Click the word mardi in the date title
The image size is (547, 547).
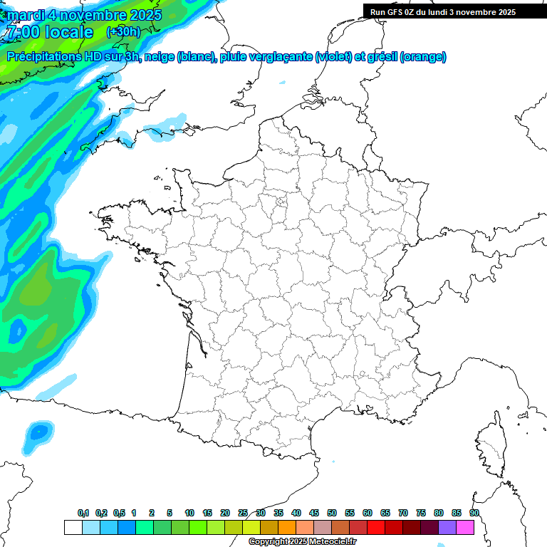[x=25, y=15]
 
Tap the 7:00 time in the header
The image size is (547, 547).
[x=23, y=32]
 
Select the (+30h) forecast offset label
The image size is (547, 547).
[x=123, y=32]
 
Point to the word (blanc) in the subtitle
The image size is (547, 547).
[x=194, y=57]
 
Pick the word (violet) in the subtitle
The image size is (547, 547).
[x=333, y=57]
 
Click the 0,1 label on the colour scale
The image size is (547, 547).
[x=83, y=513]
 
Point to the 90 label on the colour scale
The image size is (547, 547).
[x=474, y=513]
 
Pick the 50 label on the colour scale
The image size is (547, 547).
[x=332, y=513]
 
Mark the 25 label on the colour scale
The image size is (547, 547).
[x=243, y=513]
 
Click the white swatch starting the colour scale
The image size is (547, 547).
[x=73, y=527]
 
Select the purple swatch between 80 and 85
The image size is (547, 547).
[x=447, y=527]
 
